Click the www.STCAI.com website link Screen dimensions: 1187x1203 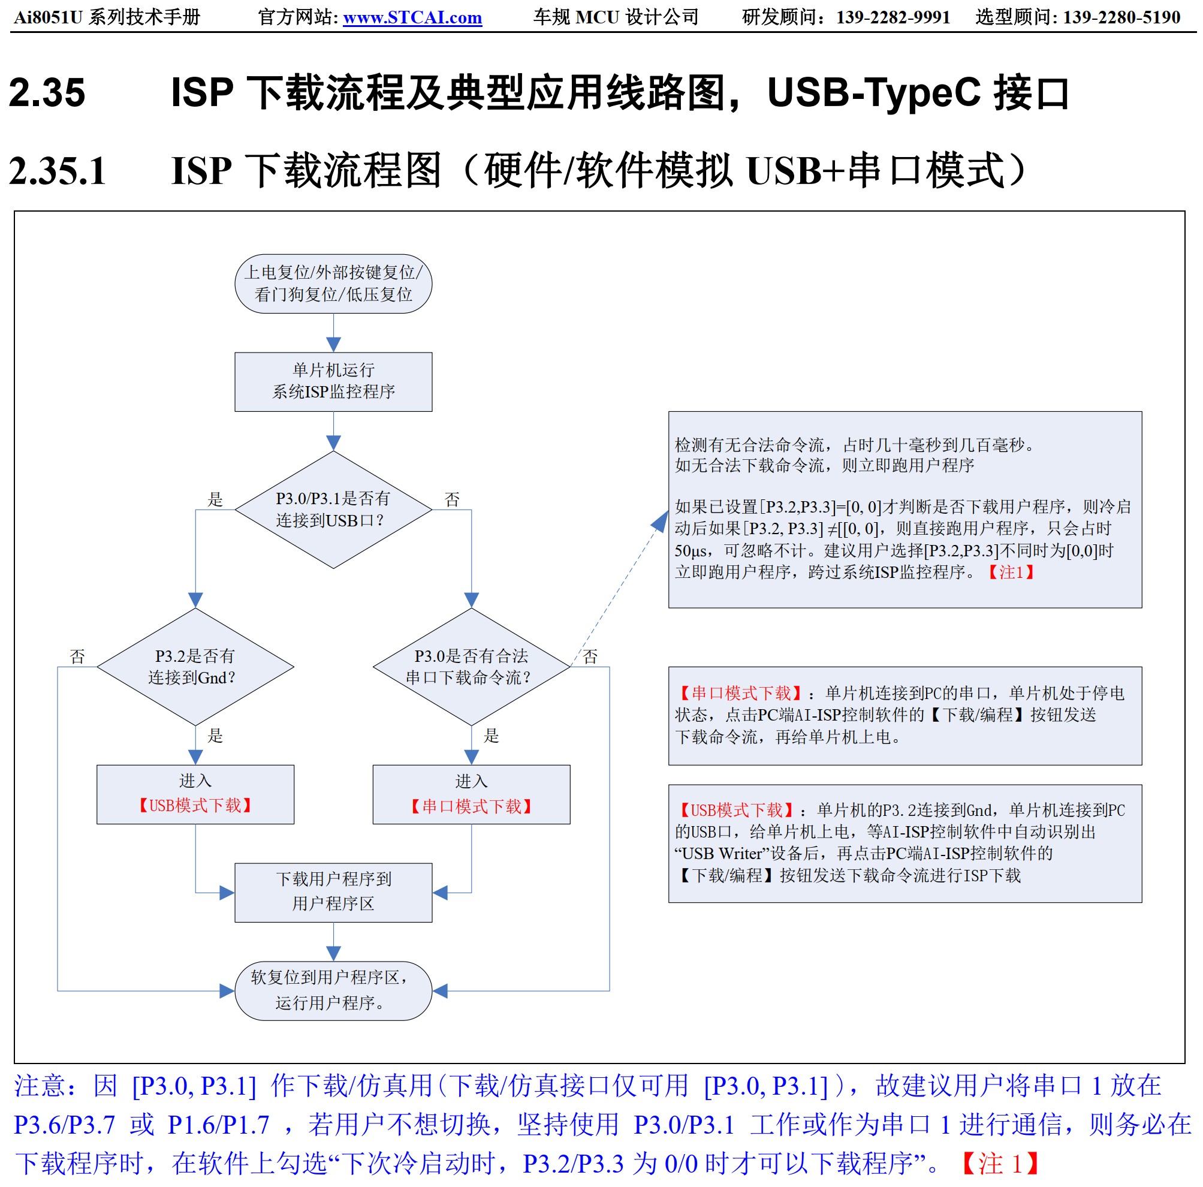[x=412, y=17]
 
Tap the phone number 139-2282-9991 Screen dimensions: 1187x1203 [x=893, y=17]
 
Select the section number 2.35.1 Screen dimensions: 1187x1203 [x=58, y=170]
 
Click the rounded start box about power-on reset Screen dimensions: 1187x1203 [x=333, y=284]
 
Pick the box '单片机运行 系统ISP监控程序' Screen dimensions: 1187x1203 [x=333, y=381]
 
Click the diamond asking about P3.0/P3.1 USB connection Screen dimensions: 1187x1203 [x=333, y=509]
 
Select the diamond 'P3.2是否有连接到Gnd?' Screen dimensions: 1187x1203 [x=195, y=667]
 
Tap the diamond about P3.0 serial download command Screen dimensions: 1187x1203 [x=471, y=667]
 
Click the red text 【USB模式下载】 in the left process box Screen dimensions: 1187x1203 [x=195, y=805]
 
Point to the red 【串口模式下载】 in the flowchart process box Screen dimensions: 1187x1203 [x=471, y=806]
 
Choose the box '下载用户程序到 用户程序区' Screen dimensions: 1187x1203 [x=333, y=892]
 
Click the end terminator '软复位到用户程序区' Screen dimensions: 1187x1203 [x=333, y=990]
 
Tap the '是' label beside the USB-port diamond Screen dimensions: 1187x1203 [x=215, y=499]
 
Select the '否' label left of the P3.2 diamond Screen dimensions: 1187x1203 [x=77, y=656]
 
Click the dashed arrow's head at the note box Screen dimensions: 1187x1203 [x=660, y=520]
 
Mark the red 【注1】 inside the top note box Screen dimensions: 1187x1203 [x=1011, y=572]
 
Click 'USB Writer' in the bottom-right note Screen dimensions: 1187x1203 [x=722, y=853]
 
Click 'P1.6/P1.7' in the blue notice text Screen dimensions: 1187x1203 [x=219, y=1125]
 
